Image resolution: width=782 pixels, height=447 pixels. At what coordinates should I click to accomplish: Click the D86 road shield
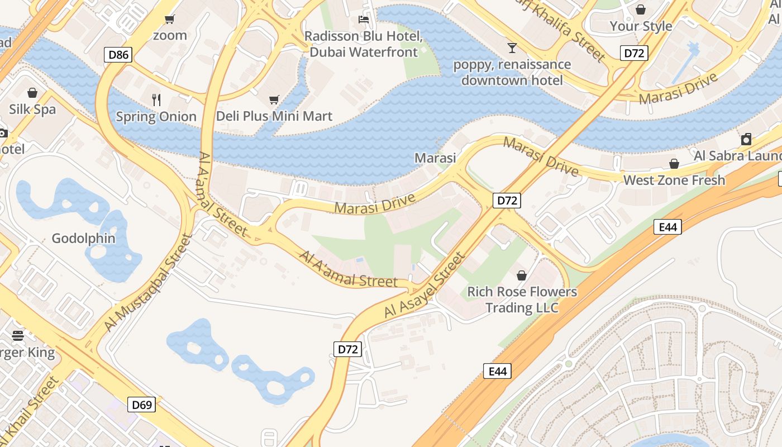(118, 55)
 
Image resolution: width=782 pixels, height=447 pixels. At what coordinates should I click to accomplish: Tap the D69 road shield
(141, 405)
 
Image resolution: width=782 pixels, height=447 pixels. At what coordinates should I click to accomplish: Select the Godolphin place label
(83, 239)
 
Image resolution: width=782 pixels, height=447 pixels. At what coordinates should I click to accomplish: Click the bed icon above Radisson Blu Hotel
(363, 20)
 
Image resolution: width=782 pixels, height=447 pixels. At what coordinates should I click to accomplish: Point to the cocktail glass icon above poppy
(512, 47)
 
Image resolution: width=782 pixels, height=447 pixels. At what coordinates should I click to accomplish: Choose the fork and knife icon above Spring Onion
(156, 100)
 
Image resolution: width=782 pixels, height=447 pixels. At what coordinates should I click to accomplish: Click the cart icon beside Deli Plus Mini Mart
(274, 100)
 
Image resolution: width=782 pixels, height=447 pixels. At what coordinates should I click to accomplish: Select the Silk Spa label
(32, 109)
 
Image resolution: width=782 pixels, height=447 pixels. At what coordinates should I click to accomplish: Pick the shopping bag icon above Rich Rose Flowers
(521, 275)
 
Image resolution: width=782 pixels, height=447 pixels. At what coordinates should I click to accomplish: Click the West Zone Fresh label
(674, 180)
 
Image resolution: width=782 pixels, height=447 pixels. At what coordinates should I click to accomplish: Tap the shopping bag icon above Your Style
(641, 9)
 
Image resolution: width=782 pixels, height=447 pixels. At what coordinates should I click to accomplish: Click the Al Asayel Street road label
(425, 286)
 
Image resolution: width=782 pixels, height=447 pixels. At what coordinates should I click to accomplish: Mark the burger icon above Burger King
(18, 335)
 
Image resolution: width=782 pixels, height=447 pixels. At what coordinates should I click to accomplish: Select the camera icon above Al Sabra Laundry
(746, 139)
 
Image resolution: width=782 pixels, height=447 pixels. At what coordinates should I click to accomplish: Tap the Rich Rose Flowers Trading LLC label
(522, 299)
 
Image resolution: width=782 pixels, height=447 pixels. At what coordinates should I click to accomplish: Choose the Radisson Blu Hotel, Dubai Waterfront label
(363, 44)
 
